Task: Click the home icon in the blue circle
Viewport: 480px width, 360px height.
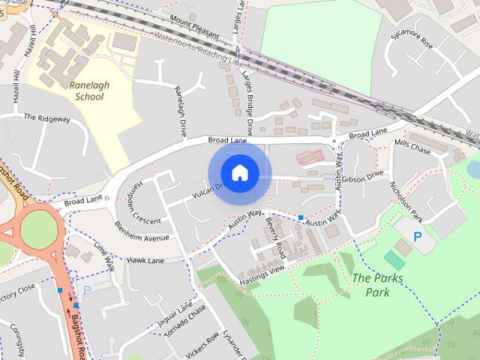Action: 239,172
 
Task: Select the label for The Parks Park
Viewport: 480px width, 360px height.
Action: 377,285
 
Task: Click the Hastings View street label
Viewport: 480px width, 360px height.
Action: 262,275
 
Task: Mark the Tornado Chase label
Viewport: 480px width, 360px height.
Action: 187,325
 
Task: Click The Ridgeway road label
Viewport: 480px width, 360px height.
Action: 47,118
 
